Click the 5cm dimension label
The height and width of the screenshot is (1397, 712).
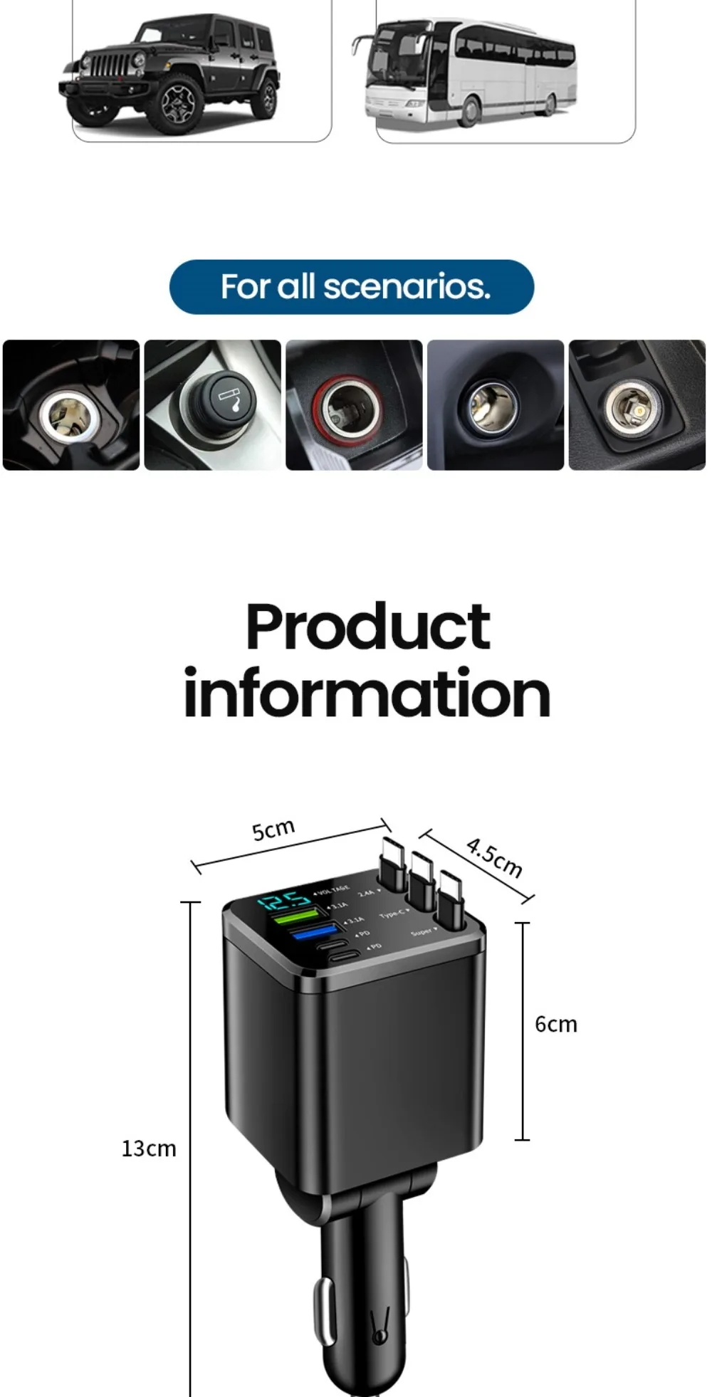273,830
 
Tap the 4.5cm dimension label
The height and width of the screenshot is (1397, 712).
494,857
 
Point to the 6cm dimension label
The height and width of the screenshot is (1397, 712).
555,1024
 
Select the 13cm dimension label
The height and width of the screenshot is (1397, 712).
148,1149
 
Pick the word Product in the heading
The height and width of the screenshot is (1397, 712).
367,627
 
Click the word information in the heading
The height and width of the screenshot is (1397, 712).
367,694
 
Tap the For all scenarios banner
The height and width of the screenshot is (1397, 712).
352,287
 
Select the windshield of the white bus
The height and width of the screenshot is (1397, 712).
392,53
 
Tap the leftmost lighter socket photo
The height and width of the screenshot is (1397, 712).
71,405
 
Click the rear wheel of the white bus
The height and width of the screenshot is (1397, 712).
549,105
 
